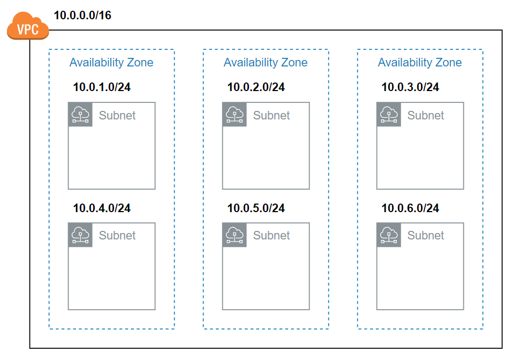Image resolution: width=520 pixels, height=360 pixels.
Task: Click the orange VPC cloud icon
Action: [28, 26]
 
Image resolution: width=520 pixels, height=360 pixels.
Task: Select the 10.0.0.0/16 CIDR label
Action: [82, 15]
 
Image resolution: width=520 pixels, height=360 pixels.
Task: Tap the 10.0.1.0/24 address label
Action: [102, 87]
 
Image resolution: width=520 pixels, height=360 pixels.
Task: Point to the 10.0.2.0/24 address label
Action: [256, 87]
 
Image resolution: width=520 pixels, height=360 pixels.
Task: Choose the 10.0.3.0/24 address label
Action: [410, 87]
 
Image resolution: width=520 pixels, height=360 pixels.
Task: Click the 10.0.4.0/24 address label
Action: [102, 208]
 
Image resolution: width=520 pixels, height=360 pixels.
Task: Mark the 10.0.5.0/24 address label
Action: [256, 208]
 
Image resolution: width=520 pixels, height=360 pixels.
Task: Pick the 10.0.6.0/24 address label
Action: [410, 208]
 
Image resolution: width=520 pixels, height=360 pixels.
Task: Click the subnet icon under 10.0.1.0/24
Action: [80, 115]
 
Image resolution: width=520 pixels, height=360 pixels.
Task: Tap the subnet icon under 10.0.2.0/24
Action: [235, 115]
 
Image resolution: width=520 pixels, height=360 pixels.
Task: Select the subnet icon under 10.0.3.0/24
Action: [389, 115]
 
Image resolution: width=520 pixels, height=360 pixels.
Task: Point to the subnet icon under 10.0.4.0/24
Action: [80, 235]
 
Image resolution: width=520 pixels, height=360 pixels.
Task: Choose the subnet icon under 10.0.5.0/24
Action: [235, 235]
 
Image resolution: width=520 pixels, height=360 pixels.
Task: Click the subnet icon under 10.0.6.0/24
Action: [389, 235]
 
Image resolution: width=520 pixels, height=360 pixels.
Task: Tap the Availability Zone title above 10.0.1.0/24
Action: [111, 63]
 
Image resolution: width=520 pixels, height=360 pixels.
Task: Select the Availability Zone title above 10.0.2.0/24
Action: [266, 63]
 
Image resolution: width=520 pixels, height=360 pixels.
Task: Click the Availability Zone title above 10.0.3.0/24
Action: [420, 63]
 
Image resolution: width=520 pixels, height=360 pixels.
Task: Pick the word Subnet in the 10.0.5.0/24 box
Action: [272, 235]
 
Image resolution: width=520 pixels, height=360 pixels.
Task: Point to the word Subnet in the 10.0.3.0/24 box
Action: [426, 115]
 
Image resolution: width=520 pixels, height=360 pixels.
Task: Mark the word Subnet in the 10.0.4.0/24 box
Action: [117, 235]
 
